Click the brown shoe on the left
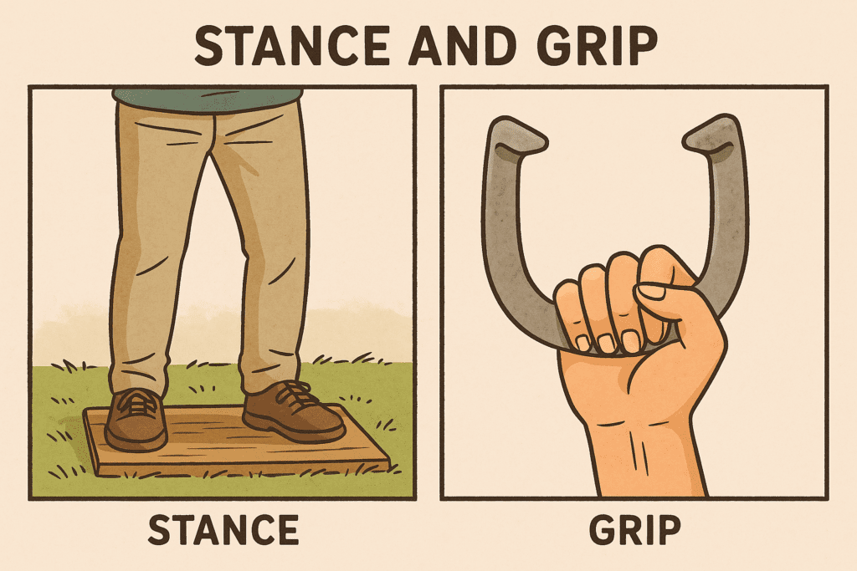[136, 418]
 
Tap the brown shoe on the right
[293, 410]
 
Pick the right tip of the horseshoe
[716, 136]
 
